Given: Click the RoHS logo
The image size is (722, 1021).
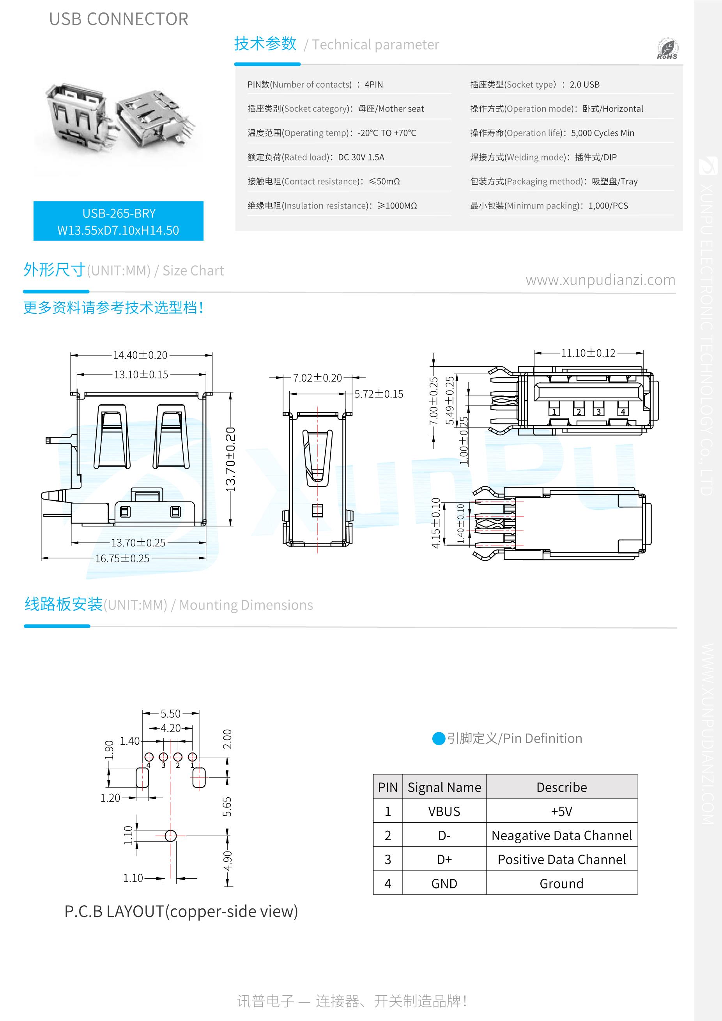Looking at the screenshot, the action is point(667,49).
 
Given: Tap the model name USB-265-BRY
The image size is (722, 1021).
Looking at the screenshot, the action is point(119,214).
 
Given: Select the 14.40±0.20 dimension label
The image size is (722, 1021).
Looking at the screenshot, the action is point(140,355).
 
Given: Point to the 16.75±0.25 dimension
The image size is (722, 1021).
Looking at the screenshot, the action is point(122,558).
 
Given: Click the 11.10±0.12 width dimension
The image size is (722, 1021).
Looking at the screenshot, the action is point(588,353).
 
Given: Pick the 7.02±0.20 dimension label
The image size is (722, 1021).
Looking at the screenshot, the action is point(318,378).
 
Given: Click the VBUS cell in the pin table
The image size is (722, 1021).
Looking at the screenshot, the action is point(444,812).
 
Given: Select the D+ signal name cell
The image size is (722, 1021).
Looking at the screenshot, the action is point(444,860).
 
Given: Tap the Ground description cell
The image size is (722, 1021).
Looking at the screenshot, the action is point(561,883).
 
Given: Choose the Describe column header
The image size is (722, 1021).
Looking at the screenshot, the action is point(561,787).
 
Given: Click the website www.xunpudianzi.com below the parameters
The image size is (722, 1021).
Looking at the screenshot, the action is point(600,280).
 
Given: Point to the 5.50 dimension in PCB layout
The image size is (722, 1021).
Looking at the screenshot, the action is point(170,714).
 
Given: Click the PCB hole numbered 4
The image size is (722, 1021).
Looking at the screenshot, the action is point(149,757).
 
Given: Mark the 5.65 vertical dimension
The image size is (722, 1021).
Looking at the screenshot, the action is point(227,807).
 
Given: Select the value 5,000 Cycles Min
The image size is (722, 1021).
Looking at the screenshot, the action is point(602,133).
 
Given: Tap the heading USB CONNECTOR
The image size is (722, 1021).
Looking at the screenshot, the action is point(119,19).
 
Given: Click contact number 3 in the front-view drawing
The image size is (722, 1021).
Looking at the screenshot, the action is point(598,412).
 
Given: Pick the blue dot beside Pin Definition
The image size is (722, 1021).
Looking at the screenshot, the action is point(439,738).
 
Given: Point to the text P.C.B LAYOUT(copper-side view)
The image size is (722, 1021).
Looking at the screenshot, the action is point(181,911).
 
